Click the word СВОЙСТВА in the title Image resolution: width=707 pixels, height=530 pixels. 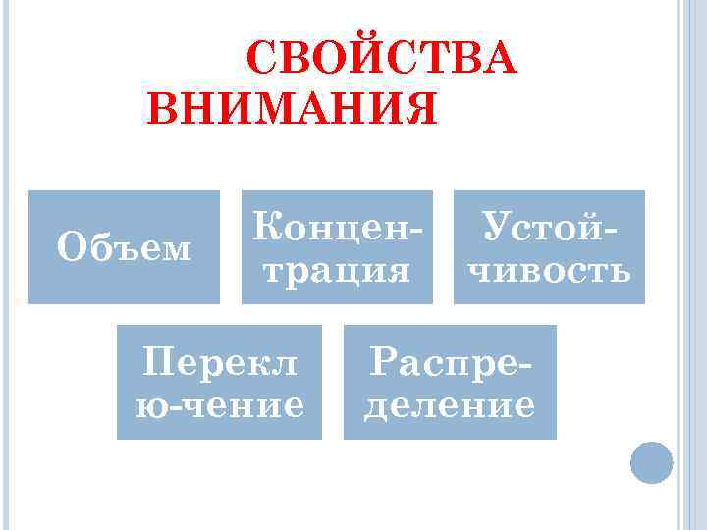point(381,60)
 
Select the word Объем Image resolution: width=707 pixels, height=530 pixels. point(124,248)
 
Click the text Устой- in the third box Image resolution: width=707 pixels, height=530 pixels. point(549,228)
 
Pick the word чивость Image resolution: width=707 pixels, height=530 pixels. point(549,268)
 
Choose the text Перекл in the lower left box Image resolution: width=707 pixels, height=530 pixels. point(220,363)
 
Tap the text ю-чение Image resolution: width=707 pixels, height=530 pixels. point(220,403)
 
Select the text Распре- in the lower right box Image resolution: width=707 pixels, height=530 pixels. point(451,363)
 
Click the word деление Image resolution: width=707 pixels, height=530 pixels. point(451,403)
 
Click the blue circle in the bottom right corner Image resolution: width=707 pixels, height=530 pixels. point(651,461)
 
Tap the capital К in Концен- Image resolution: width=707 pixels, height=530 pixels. point(264,228)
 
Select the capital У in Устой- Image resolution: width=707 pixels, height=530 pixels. point(491,228)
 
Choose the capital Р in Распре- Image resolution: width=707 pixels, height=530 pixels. point(379,363)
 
